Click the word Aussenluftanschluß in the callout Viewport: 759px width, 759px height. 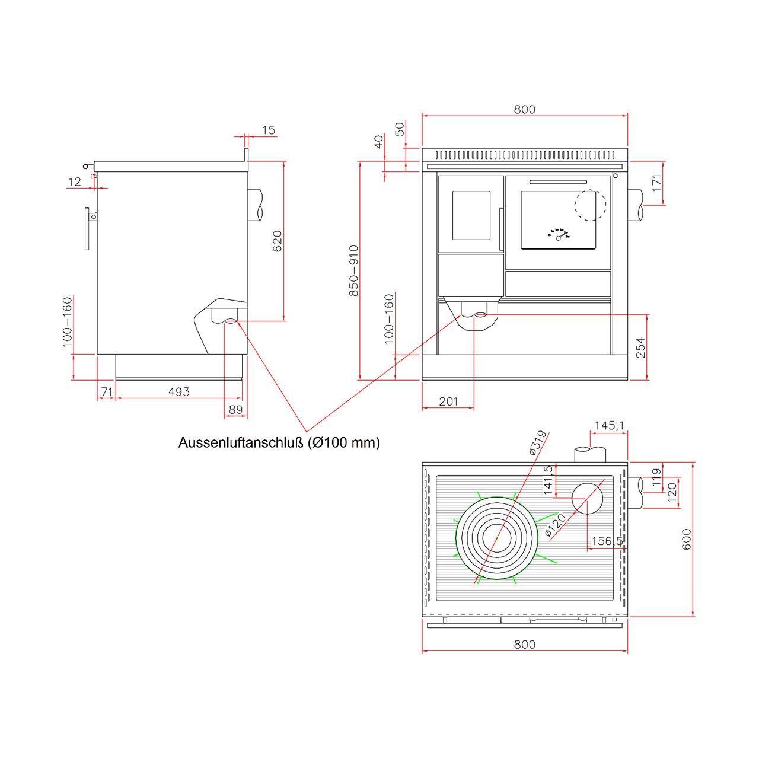(241, 443)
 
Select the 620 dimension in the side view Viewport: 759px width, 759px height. (278, 241)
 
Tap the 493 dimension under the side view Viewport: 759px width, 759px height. (179, 391)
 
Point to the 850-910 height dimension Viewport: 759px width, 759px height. (353, 270)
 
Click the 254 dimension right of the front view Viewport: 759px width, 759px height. (641, 347)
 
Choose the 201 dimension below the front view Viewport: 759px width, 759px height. (448, 401)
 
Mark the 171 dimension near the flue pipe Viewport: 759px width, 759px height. (656, 183)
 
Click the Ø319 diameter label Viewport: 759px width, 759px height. (538, 443)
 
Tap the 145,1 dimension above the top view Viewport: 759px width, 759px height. (609, 425)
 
